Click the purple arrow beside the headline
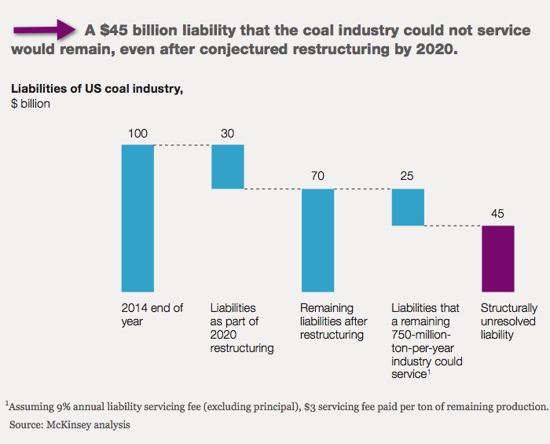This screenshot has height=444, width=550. click(44, 30)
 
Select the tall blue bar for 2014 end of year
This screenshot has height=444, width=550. click(137, 218)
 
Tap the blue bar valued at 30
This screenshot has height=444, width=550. click(228, 167)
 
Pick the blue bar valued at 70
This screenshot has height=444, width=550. click(318, 240)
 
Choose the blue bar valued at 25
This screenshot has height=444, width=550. click(409, 207)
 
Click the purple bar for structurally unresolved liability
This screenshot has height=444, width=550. click(498, 259)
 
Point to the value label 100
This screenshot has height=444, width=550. click(137, 134)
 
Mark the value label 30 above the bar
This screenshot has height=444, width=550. click(228, 134)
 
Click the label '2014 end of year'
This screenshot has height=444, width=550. click(154, 315)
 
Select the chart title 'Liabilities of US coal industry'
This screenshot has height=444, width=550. click(97, 88)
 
